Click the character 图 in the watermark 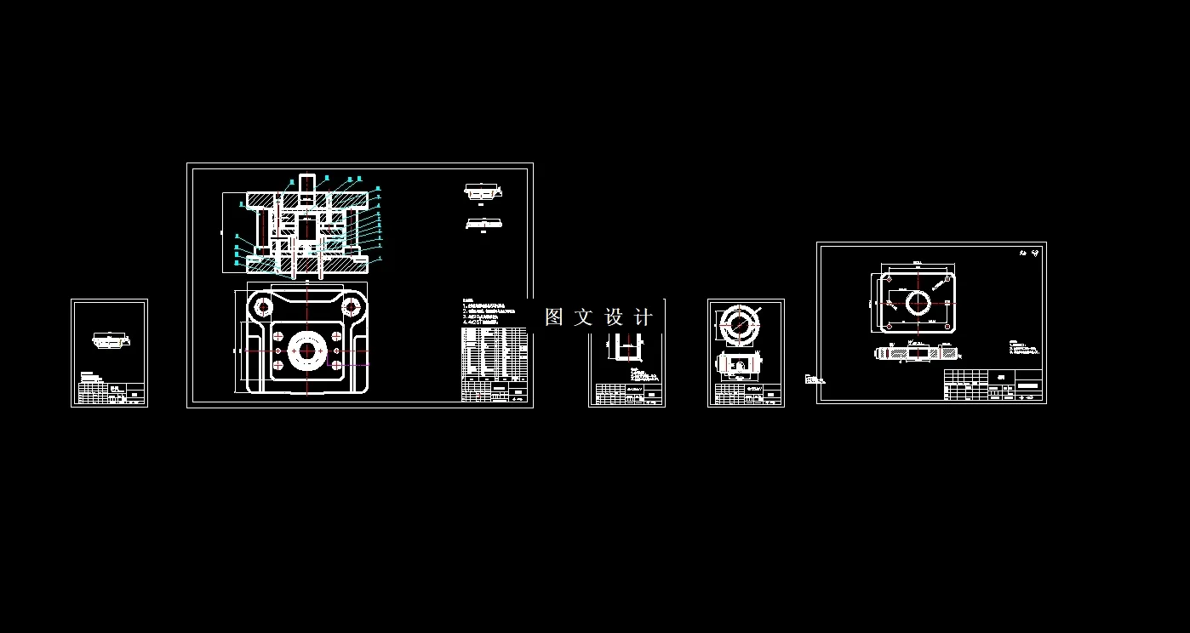point(554,317)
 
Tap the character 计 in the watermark point(644,317)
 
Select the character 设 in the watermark point(615,317)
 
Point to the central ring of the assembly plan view point(306,351)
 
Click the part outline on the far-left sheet point(110,340)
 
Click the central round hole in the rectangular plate point(918,301)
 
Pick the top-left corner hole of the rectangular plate point(889,279)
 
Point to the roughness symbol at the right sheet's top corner point(1028,253)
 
